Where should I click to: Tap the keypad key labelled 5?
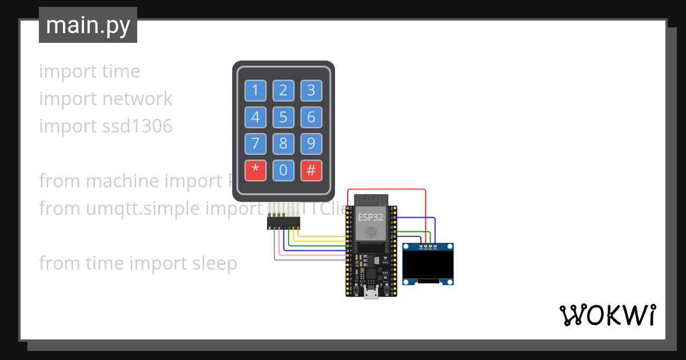(x=283, y=118)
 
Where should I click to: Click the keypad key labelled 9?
(x=311, y=143)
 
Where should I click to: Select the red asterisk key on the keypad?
(x=256, y=170)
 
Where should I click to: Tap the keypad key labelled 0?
(x=283, y=170)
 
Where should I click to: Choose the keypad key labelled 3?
(x=311, y=90)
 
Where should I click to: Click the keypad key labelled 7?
(x=256, y=143)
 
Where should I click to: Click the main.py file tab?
(x=88, y=25)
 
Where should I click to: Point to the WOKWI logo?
(x=607, y=315)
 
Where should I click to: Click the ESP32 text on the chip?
(x=370, y=217)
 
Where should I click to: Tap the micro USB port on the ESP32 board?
(x=371, y=294)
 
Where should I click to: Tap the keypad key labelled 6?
(x=311, y=118)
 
